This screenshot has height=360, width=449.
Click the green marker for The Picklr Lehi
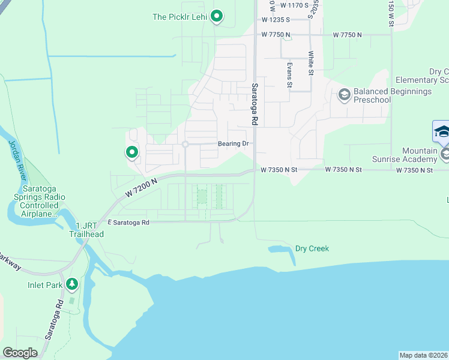coord(217,16)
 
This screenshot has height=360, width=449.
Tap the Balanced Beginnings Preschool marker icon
coord(345,95)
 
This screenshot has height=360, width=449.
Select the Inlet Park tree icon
coord(72,283)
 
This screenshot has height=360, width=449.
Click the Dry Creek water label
coord(312,248)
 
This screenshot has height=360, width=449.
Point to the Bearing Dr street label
coord(234,144)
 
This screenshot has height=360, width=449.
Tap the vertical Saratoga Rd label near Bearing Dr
coord(255,104)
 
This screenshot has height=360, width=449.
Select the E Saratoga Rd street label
coord(128,222)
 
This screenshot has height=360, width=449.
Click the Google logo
coord(20,353)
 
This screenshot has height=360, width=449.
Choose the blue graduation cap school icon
coord(441,131)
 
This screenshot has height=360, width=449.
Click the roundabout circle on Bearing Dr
coord(185,144)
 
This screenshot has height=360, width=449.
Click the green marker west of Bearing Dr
coord(131,152)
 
